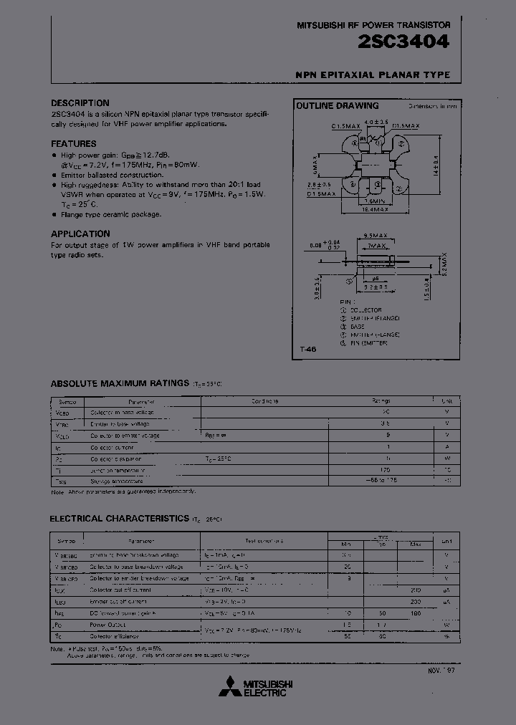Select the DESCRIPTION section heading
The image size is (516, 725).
pyautogui.click(x=80, y=103)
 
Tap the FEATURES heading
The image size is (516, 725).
pyautogui.click(x=73, y=143)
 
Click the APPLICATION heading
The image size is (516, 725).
pyautogui.click(x=80, y=234)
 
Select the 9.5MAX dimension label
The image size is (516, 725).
pyautogui.click(x=376, y=235)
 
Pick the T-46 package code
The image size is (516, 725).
pyautogui.click(x=307, y=349)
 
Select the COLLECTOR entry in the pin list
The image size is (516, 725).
pyautogui.click(x=364, y=309)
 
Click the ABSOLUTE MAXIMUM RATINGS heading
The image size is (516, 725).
pyautogui.click(x=119, y=383)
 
